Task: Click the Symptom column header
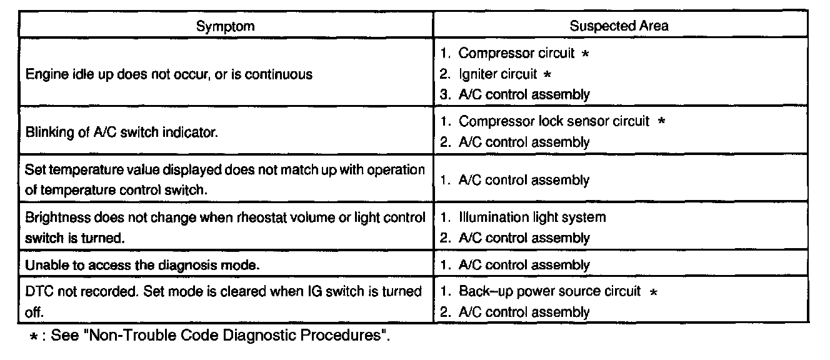(x=226, y=26)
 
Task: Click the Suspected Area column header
(x=619, y=26)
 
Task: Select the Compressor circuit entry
(x=516, y=53)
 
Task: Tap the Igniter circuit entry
(x=497, y=74)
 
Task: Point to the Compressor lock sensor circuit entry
(x=554, y=121)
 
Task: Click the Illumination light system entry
(x=532, y=217)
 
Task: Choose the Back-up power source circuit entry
(x=549, y=291)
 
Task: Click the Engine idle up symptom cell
(x=169, y=74)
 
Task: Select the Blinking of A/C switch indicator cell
(x=122, y=132)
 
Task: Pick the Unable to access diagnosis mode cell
(x=142, y=265)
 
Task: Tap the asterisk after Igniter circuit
(x=547, y=74)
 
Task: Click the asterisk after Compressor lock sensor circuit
(x=661, y=121)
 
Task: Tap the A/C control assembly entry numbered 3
(x=524, y=94)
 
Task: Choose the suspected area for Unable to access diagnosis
(x=524, y=265)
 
